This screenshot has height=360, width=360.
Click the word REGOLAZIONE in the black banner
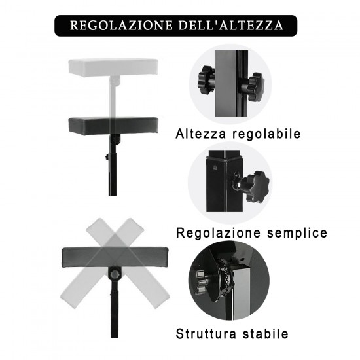[x=121, y=26]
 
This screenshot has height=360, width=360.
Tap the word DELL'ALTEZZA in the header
[x=231, y=26]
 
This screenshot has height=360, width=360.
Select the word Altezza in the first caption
[x=201, y=134]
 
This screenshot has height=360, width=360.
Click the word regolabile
[x=266, y=134]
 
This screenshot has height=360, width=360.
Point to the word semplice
[x=297, y=233]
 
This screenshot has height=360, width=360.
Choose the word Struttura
[x=206, y=334]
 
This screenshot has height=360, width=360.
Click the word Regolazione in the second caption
[x=219, y=233]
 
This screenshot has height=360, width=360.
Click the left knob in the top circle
[x=206, y=80]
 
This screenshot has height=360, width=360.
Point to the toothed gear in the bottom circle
[x=225, y=278]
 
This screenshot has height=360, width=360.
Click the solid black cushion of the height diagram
[x=113, y=126]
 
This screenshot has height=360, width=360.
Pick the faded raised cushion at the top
[x=113, y=67]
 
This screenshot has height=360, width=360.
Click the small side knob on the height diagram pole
[x=107, y=157]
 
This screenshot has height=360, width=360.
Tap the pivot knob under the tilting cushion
[x=114, y=274]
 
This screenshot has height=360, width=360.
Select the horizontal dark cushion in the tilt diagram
[x=115, y=257]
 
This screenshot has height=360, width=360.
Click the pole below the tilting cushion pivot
[x=114, y=314]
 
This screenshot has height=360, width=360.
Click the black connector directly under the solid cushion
[x=115, y=139]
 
